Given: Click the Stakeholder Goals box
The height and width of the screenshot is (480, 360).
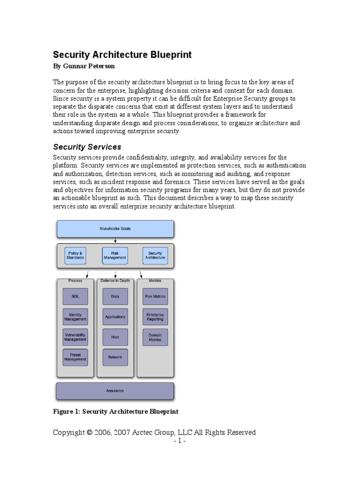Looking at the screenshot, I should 115,229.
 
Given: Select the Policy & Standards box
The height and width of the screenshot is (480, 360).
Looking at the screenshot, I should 75,255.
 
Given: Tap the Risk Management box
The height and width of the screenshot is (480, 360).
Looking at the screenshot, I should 115,255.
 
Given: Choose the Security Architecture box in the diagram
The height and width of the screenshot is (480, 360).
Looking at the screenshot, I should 155,255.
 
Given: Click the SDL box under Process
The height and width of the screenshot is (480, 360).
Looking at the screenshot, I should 75,296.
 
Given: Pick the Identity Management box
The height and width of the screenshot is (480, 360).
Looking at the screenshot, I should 75,317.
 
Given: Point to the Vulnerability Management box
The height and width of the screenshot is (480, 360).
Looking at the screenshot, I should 75,337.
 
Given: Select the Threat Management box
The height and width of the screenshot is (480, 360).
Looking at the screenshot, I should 75,357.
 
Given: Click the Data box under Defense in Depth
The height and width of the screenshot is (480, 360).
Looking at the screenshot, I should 115,296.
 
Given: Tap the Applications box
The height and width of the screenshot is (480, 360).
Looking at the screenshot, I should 115,317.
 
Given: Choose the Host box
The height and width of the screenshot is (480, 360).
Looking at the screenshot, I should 115,337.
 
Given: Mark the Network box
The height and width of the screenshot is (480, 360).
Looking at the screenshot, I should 115,357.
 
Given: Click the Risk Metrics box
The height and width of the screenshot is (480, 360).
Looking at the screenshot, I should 155,296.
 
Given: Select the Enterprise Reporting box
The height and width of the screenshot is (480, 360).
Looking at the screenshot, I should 155,317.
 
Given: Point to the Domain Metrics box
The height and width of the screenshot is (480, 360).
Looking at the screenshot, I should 155,337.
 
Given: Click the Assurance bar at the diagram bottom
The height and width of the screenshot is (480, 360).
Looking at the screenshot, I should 115,391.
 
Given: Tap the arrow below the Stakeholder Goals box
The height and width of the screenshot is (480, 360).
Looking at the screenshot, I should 115,240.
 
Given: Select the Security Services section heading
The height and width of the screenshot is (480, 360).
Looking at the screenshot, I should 87,147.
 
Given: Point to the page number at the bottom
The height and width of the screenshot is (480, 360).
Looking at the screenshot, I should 180,442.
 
